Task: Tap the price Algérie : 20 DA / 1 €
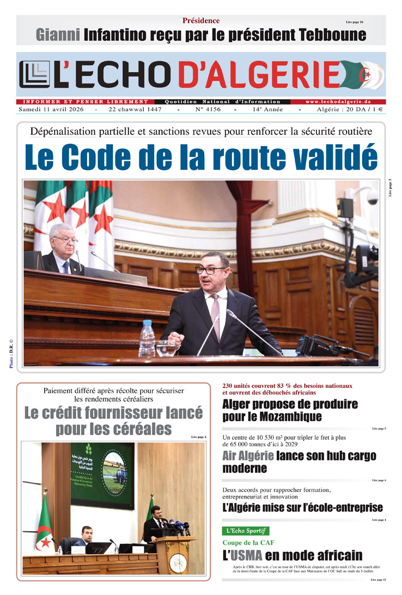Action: (350, 110)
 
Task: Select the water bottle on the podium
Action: (147, 338)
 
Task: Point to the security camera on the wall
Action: (371, 198)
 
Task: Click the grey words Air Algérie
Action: (248, 456)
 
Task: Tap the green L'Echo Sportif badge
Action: (246, 531)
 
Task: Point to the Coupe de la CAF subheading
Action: (248, 543)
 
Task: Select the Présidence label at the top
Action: (201, 21)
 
